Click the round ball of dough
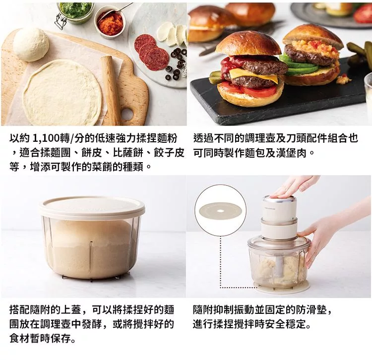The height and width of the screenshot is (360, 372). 31,45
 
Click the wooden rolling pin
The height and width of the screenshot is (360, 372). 111,90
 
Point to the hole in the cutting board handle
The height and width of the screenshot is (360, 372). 127,114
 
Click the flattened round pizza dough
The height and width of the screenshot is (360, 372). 62,92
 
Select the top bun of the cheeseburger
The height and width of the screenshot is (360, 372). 248,46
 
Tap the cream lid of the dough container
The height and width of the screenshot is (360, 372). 92,207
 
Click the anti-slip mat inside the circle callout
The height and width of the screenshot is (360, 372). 221,211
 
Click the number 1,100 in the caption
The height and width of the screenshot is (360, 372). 46,138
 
